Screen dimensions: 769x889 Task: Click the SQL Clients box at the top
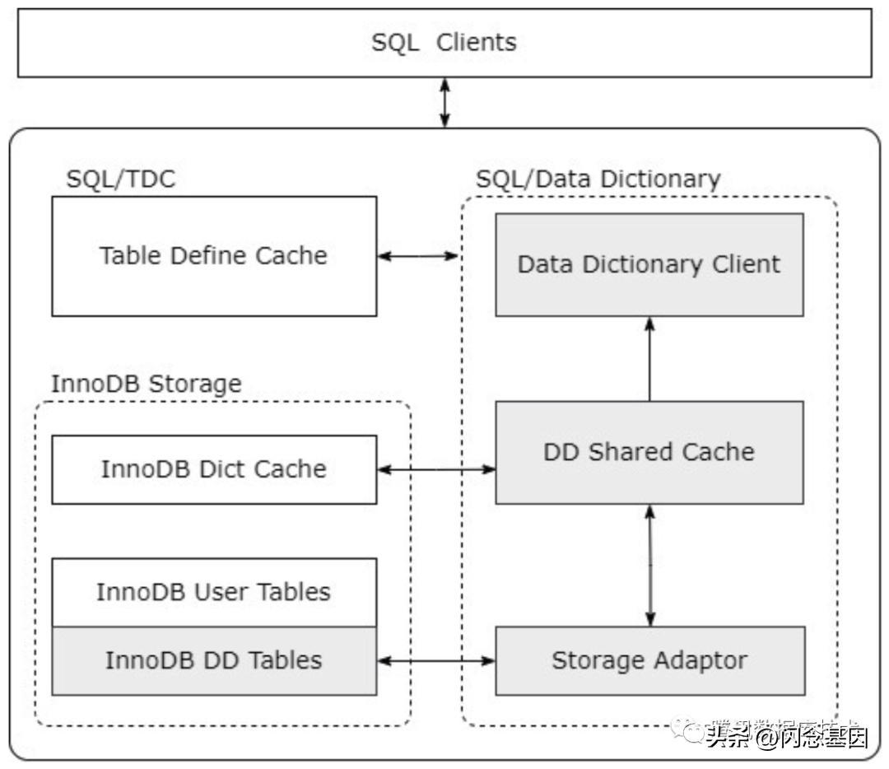coord(444,43)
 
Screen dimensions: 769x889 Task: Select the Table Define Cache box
coord(214,256)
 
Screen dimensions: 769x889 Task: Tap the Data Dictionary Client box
coord(649,264)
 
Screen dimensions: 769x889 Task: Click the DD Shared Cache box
coord(649,452)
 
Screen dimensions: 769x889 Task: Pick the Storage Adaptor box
coord(649,660)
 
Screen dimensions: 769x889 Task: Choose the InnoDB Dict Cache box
coord(214,469)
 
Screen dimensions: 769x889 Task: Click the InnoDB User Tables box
coord(214,592)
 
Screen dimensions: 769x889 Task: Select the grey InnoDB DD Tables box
coord(214,660)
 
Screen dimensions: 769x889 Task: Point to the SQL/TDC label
coord(121,179)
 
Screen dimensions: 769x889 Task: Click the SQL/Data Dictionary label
coord(598,179)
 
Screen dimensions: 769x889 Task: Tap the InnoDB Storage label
coord(147,384)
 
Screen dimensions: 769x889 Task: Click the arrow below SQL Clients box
coord(444,103)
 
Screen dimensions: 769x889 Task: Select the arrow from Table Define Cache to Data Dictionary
coord(418,256)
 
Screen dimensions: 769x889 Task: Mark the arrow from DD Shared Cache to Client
coord(649,359)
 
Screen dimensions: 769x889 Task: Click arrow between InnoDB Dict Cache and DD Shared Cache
coord(436,469)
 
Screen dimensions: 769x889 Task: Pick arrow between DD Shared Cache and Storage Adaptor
coord(649,565)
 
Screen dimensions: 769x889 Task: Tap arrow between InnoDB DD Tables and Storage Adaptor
coord(436,660)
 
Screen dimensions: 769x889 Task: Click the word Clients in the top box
coord(476,43)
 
